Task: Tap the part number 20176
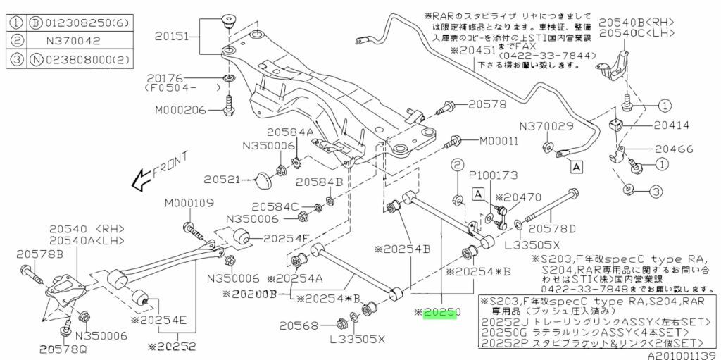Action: [166, 77]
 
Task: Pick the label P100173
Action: [493, 173]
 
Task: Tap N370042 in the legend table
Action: [70, 41]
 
